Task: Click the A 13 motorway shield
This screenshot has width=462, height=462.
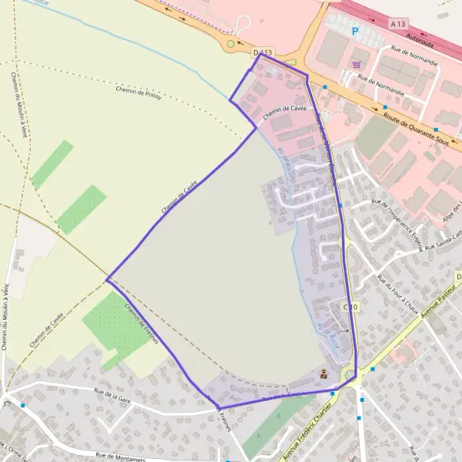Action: click(397, 24)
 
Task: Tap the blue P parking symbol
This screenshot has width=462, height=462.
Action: click(355, 32)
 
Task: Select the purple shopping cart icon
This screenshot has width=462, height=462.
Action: click(356, 64)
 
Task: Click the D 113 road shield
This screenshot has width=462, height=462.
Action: click(263, 52)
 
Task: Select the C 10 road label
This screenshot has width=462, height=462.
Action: click(350, 306)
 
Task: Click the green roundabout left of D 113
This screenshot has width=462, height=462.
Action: click(229, 45)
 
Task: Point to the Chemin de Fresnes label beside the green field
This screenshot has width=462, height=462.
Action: click(140, 323)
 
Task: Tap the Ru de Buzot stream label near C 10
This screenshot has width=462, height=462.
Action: click(327, 336)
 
